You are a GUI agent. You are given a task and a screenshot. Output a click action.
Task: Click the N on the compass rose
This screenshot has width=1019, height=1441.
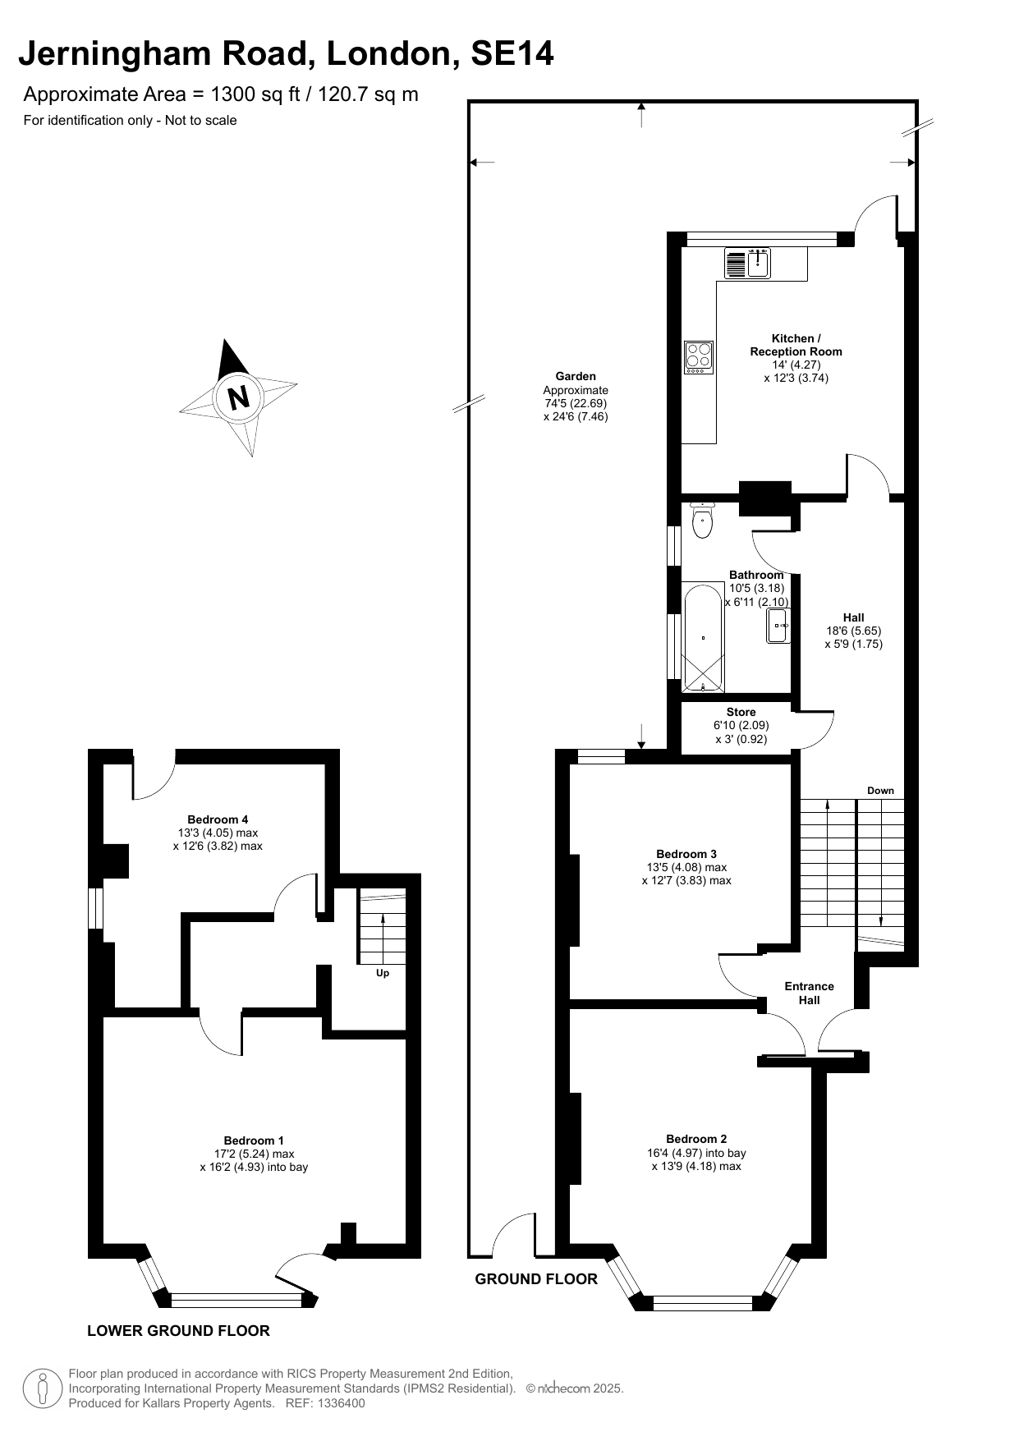click(239, 397)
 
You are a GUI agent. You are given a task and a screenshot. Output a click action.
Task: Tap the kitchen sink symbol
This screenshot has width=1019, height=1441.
click(747, 263)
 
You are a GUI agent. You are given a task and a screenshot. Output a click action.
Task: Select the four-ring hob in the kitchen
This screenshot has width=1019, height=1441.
click(699, 357)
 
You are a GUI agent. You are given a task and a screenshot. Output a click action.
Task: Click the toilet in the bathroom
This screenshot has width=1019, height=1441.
click(702, 520)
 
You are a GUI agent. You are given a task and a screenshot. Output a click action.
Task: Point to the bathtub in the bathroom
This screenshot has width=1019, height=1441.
click(704, 639)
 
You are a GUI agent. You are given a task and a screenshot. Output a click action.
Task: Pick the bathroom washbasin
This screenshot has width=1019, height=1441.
click(778, 626)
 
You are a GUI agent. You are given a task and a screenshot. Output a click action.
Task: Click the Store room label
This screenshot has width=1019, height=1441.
click(741, 712)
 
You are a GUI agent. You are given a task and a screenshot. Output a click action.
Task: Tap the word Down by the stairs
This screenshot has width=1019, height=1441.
click(880, 791)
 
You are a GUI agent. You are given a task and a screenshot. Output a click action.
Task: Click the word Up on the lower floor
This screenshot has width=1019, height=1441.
click(383, 973)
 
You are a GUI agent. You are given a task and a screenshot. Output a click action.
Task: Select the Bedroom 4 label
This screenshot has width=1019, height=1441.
click(218, 819)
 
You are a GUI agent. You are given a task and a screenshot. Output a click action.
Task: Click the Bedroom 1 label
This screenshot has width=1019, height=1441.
click(254, 1140)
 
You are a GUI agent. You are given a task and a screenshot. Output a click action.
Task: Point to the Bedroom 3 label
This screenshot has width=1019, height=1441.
click(686, 854)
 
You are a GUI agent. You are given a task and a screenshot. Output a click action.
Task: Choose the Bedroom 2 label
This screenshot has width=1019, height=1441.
click(696, 1139)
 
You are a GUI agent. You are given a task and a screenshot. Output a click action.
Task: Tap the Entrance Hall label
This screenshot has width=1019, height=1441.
click(809, 993)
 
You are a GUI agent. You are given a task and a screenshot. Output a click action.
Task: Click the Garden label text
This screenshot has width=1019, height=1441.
click(576, 377)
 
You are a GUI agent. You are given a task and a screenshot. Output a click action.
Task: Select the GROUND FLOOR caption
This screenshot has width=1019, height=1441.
click(536, 1278)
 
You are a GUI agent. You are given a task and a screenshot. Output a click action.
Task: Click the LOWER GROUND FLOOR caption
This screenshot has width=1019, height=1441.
click(178, 1331)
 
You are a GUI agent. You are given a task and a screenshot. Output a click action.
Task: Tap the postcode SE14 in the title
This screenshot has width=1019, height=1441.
click(512, 54)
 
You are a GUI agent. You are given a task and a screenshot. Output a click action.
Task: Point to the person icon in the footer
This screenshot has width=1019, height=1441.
click(42, 1388)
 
